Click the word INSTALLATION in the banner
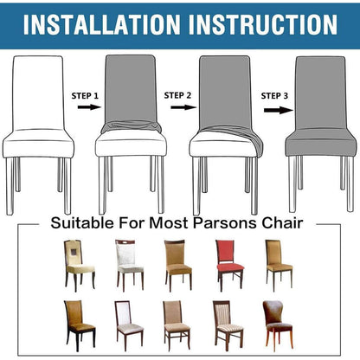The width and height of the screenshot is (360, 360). pos(101,24)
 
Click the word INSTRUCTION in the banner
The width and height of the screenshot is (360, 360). pos(263,24)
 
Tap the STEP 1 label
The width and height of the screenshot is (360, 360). pos(85,96)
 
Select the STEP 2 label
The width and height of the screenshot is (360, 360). pos(177,95)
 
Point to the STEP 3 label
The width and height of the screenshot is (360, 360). pos(274,96)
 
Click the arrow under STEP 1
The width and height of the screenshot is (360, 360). pos(89,107)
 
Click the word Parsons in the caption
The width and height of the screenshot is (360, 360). pos(226,223)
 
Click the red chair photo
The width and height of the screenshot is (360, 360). pos(230,265)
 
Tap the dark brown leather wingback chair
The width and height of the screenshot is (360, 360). pos(278,325)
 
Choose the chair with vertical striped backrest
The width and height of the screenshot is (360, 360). pos(228,325)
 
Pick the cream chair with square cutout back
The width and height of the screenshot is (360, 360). pos(79,265)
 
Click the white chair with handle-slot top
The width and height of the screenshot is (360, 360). pos(129,265)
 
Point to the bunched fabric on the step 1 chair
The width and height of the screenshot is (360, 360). pos(131,127)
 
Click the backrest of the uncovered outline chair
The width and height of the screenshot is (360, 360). pos(38,93)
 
